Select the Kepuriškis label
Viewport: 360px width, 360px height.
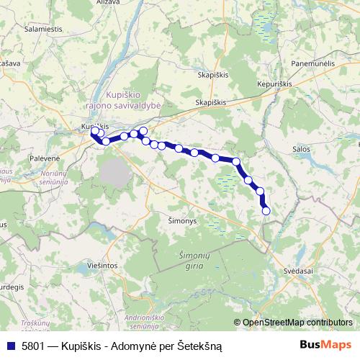pos(274,84)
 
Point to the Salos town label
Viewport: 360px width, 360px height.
pos(302,148)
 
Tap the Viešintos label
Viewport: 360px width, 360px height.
pos(100,266)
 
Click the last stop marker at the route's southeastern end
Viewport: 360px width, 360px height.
pos(266,211)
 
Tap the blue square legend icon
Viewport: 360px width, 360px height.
pos(10,346)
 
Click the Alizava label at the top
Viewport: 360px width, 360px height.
pos(108,3)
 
